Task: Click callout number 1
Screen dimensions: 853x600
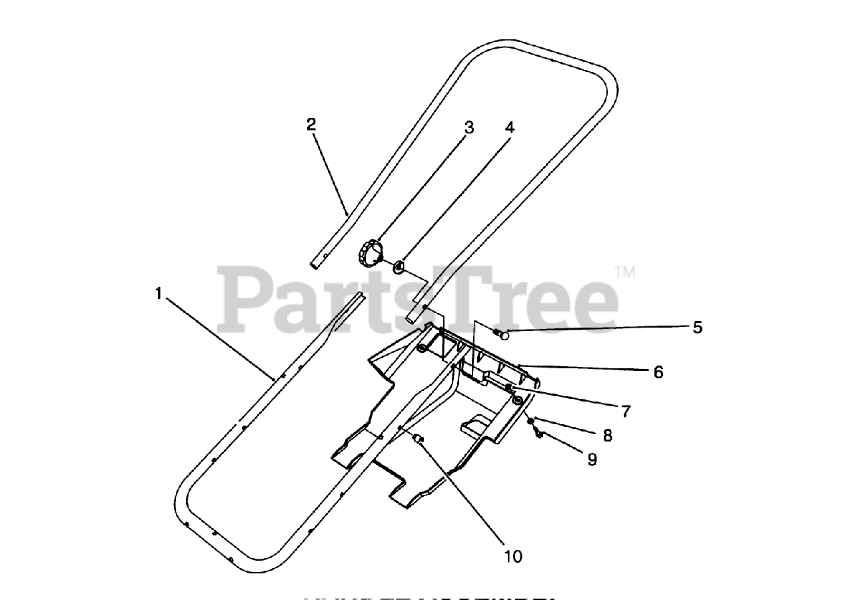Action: coord(159,293)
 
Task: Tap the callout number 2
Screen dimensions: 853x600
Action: coord(311,124)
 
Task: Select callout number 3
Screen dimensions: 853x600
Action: coord(469,127)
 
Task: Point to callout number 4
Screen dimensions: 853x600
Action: coord(510,127)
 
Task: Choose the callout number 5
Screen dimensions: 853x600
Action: coord(697,327)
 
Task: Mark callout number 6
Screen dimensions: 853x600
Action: coord(658,372)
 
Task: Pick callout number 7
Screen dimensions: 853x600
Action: coord(626,412)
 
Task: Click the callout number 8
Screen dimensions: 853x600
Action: coord(607,436)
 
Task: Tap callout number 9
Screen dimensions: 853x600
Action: coord(592,459)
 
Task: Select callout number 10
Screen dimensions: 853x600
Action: coord(513,555)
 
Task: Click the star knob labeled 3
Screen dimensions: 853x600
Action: coord(371,253)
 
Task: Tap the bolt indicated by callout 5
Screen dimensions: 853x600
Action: coord(502,334)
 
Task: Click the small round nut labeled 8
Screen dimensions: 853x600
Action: coord(530,422)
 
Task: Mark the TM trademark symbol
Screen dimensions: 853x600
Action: coord(624,272)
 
